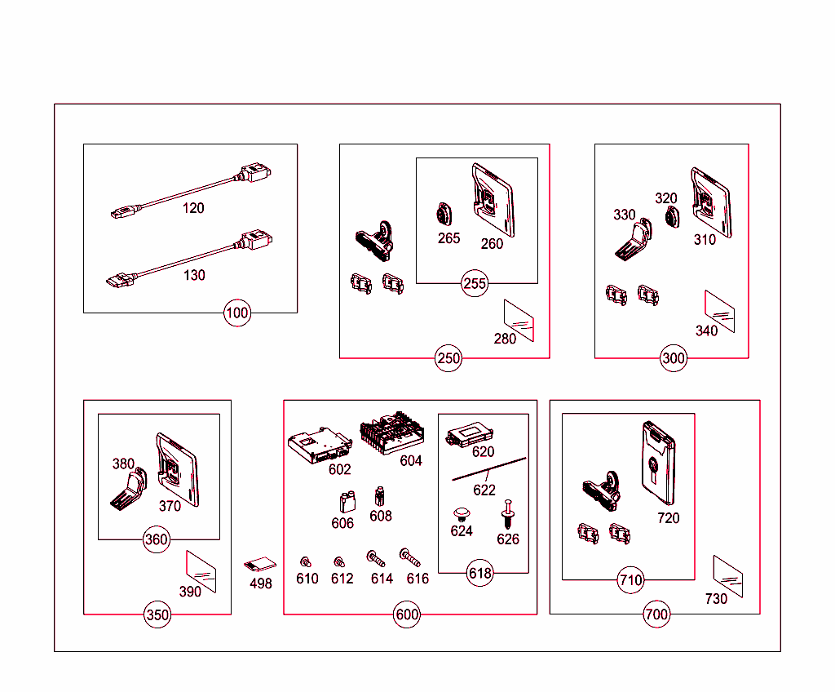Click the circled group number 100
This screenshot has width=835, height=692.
[237, 313]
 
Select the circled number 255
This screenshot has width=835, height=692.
[475, 284]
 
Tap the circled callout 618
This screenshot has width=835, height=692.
[480, 573]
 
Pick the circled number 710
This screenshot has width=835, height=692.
[631, 580]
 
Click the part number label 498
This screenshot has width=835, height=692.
[261, 583]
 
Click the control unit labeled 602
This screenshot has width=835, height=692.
[319, 446]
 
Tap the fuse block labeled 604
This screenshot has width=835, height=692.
[391, 433]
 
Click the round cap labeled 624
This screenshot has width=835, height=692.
[462, 513]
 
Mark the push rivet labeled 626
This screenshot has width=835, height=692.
[507, 514]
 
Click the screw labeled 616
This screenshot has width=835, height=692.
[411, 557]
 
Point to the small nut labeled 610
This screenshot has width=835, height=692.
[306, 561]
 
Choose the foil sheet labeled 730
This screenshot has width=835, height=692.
[727, 577]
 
